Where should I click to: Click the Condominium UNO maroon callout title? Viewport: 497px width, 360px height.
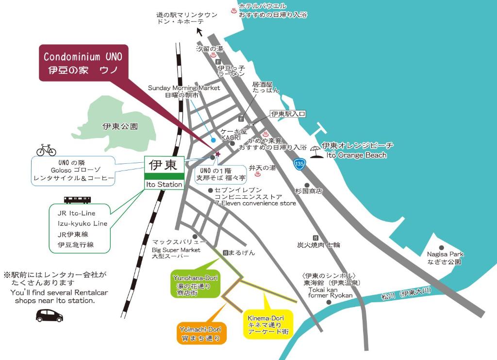83,63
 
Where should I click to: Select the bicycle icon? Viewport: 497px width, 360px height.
46,150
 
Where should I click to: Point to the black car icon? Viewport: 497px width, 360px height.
50,316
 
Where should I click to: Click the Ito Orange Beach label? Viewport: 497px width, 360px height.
357,151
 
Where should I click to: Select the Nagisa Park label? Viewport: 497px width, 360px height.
445,258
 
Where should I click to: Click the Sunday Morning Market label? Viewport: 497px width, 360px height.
183,91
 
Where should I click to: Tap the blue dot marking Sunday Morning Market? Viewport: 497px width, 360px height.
213,140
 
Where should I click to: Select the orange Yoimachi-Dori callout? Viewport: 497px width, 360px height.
200,333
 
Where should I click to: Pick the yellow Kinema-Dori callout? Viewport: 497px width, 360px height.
268,325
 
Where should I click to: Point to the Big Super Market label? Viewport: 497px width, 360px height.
176,249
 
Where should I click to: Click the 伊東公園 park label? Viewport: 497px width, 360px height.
120,126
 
